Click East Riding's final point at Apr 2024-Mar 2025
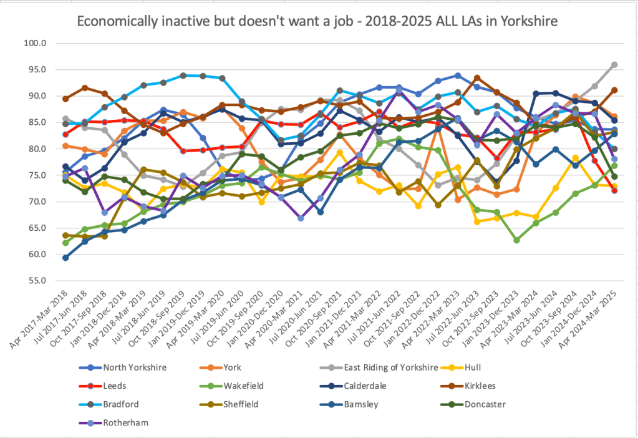click(x=614, y=65)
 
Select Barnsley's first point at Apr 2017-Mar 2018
click(x=65, y=258)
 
